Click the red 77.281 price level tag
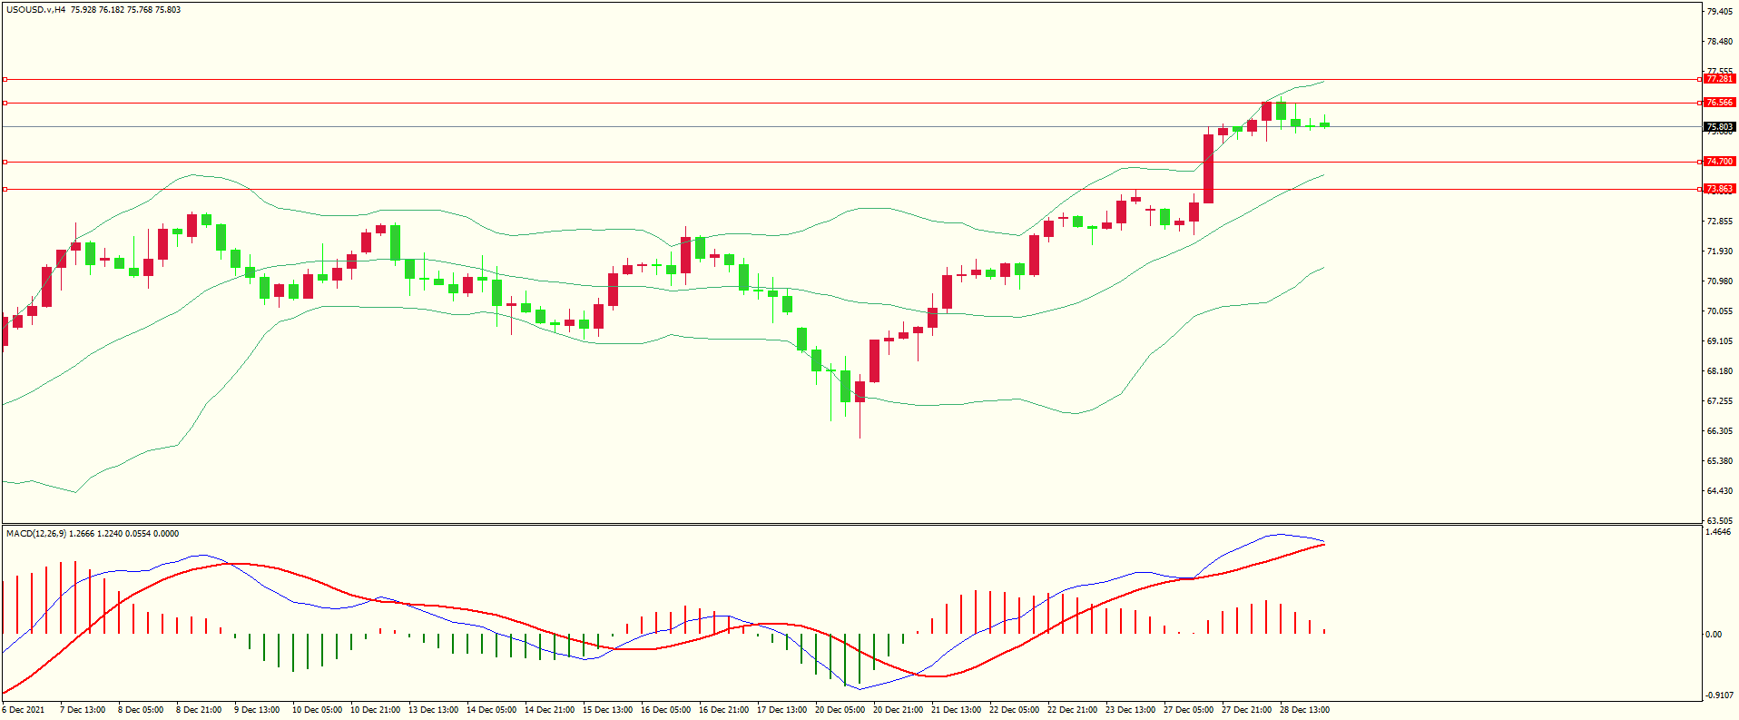click(x=1719, y=79)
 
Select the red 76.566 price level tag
click(x=1719, y=103)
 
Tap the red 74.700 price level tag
click(x=1719, y=162)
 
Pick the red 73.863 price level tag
click(x=1719, y=189)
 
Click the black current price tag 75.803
click(x=1719, y=127)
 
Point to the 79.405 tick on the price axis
click(x=1719, y=12)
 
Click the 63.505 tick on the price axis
click(x=1719, y=521)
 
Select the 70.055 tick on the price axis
click(x=1719, y=311)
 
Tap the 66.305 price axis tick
click(x=1719, y=431)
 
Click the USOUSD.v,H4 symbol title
click(x=35, y=10)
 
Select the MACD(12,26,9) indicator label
click(x=35, y=534)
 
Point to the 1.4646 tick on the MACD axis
click(x=1718, y=532)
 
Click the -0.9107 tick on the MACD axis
click(x=1718, y=695)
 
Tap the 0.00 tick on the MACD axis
click(x=1713, y=635)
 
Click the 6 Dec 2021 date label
click(x=24, y=710)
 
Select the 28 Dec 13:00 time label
click(x=1304, y=710)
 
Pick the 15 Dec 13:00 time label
click(x=607, y=710)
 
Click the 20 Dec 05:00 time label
click(x=840, y=710)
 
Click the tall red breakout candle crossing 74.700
click(x=1208, y=169)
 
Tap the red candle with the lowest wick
click(x=860, y=392)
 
